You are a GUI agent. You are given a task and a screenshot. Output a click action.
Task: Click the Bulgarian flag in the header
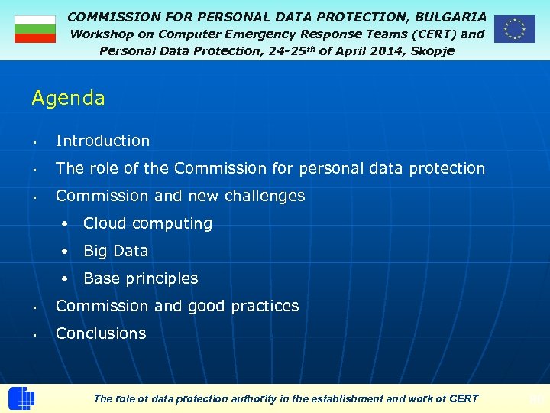(x=35, y=28)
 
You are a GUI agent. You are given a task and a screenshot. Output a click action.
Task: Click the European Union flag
(x=514, y=29)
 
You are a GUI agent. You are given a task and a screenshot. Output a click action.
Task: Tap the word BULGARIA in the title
(x=451, y=16)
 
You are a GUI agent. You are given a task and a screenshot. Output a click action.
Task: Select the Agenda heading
(x=68, y=99)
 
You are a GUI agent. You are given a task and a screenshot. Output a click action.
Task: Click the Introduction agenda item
(x=102, y=141)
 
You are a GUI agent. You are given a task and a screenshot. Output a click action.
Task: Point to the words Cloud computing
(x=147, y=223)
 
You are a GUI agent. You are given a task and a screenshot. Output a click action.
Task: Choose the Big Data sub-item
(x=115, y=251)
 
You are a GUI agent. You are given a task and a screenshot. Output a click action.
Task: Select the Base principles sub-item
(x=141, y=278)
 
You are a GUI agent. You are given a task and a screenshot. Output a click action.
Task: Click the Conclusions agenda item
(x=101, y=333)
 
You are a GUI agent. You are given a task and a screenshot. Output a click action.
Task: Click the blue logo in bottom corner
(x=21, y=398)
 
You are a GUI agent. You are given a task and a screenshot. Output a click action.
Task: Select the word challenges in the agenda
(x=263, y=196)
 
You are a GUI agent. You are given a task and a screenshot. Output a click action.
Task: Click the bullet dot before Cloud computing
(x=67, y=224)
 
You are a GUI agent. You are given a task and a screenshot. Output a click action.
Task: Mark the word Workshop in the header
(x=102, y=34)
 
